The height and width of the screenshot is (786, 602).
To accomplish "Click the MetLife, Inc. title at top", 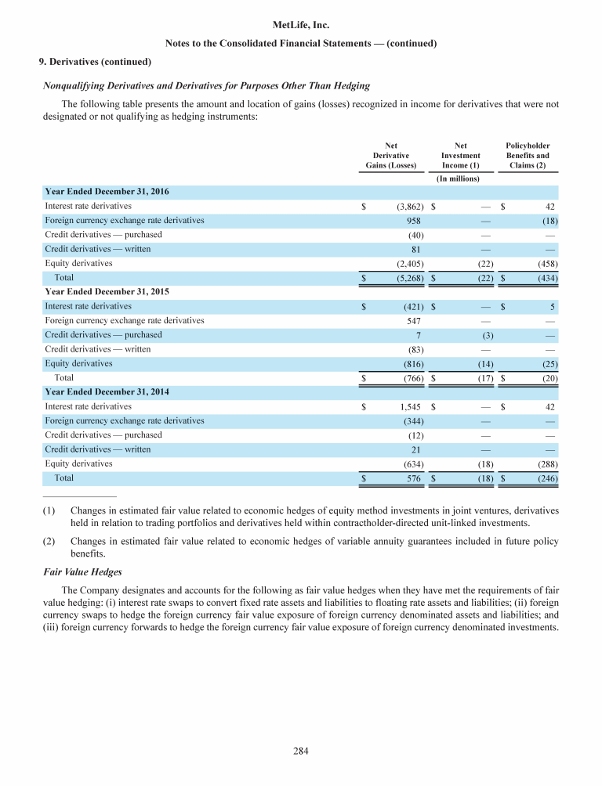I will click(300, 26).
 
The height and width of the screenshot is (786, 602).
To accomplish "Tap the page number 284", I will click(301, 752).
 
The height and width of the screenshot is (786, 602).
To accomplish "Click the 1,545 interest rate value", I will click(412, 407).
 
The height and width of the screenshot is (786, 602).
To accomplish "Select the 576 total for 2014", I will click(415, 478).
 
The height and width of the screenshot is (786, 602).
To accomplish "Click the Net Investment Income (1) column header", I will click(461, 155).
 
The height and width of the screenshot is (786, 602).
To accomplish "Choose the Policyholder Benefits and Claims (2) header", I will click(528, 155).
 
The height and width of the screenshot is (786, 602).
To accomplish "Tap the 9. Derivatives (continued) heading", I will click(95, 61).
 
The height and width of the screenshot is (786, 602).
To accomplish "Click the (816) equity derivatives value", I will click(412, 364).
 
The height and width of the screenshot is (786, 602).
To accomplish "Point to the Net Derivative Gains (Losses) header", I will click(391, 155).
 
